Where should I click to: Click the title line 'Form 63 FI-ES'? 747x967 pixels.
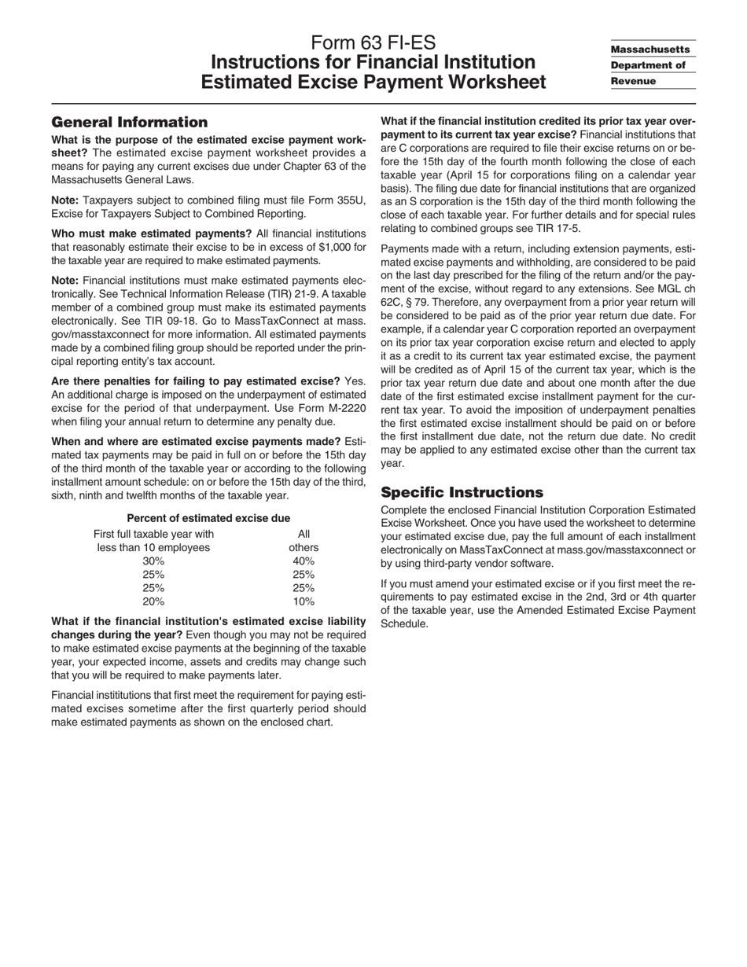pos(373,42)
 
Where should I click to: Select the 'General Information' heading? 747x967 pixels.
pos(129,122)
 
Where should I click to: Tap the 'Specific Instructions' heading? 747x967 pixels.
pos(462,492)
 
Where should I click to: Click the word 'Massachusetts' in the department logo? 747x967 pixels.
pos(650,49)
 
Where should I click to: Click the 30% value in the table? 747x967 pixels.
pos(153,561)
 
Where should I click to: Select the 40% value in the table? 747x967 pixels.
pos(304,561)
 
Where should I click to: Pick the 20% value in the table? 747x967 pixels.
pos(153,601)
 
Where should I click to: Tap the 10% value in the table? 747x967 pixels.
pos(304,601)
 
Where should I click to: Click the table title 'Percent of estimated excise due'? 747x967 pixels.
pos(208,518)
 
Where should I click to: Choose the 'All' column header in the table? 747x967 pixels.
pos(304,535)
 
